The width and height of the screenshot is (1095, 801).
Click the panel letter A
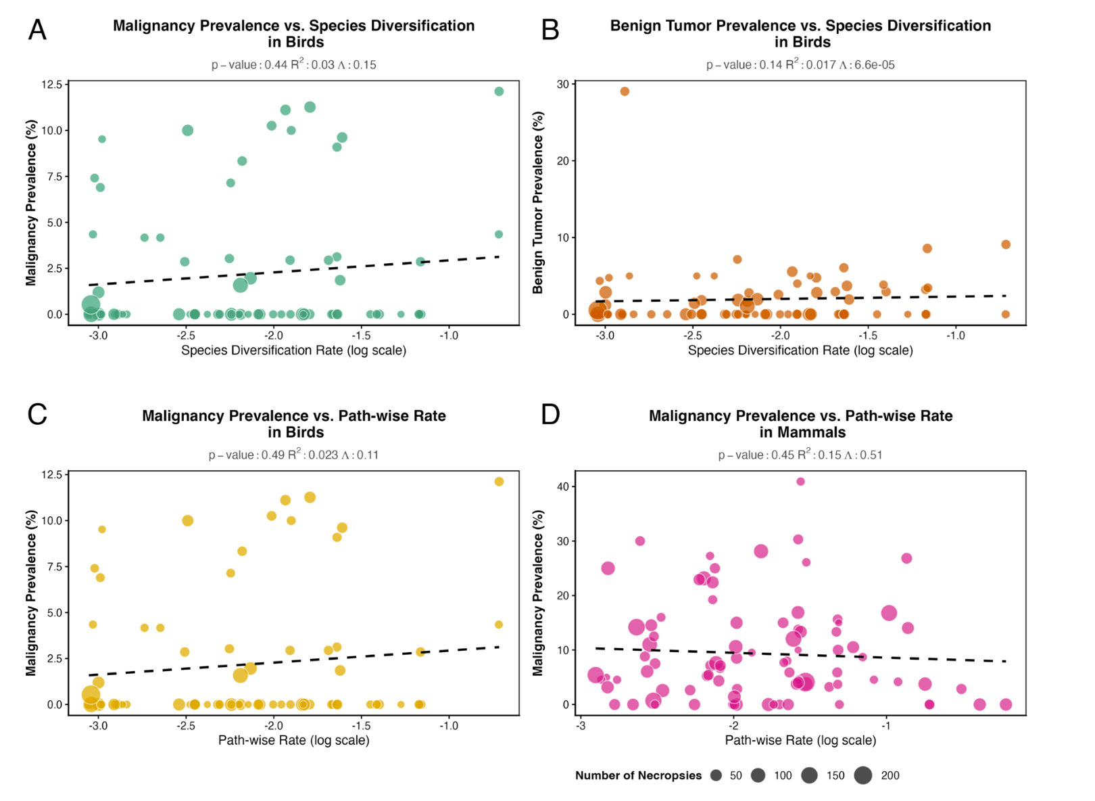tap(37, 30)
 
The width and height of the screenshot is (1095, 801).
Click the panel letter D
tap(550, 413)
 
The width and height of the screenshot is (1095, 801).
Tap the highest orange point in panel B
tap(625, 91)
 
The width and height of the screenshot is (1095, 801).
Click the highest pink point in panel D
tap(800, 482)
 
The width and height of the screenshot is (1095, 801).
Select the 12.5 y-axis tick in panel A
tap(51, 85)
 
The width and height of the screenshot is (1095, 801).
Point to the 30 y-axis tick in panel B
tap(562, 85)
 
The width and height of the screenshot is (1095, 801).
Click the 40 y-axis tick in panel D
tap(562, 486)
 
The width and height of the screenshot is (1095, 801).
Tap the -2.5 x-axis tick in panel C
tap(186, 726)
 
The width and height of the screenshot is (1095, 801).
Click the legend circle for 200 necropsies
tap(862, 775)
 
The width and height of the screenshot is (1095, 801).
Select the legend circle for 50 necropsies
tap(716, 775)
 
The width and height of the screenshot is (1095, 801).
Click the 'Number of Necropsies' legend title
tap(638, 775)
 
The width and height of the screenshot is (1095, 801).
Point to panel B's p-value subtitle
tap(800, 65)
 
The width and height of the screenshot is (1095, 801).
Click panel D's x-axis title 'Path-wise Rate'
tap(800, 740)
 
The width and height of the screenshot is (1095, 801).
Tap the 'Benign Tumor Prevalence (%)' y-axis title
tap(538, 203)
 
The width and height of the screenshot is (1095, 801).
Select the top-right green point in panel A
tap(499, 91)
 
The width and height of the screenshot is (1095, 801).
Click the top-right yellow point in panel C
tap(499, 482)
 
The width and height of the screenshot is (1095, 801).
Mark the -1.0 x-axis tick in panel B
tap(955, 336)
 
